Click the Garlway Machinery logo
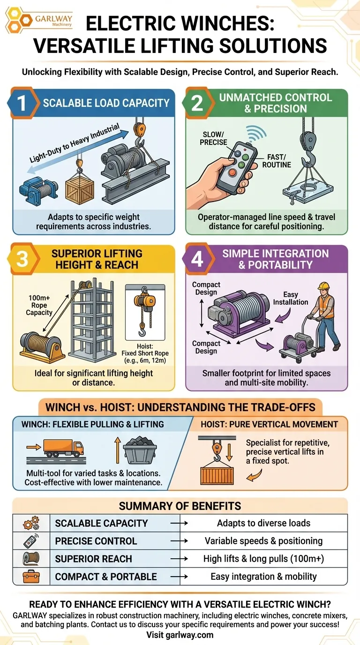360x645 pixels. click(x=39, y=20)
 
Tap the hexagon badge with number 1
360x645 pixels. click(x=23, y=103)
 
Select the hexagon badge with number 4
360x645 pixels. click(x=198, y=259)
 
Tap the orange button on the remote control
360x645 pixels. click(x=232, y=173)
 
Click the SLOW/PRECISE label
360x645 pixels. click(x=213, y=138)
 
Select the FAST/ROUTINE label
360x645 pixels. click(x=277, y=161)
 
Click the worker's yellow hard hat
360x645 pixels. click(x=323, y=285)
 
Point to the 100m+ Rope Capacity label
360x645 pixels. click(x=39, y=305)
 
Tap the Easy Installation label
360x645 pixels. click(x=291, y=298)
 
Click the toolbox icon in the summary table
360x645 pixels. click(x=31, y=576)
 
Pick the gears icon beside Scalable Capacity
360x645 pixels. click(x=31, y=523)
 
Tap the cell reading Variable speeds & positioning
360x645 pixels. click(x=263, y=541)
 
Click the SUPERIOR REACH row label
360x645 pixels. click(x=94, y=559)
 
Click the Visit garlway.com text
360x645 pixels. click(x=180, y=635)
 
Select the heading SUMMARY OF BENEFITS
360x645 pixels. click(x=180, y=506)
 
